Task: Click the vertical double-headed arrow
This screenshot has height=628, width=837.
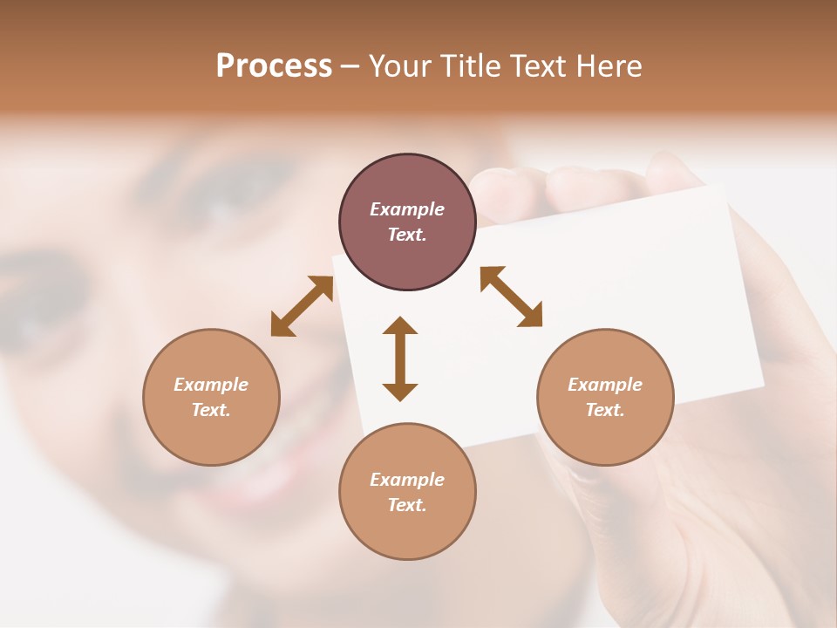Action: tap(400, 358)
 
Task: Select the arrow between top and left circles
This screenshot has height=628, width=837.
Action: tap(302, 305)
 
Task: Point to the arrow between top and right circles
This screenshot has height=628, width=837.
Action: tap(512, 297)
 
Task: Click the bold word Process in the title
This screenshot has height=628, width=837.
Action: tap(274, 65)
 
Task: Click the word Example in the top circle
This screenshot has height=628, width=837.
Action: tap(407, 209)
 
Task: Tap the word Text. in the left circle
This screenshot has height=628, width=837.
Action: tap(211, 410)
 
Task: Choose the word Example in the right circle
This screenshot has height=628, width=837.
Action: tap(605, 385)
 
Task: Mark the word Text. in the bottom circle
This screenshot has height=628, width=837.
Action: tap(407, 505)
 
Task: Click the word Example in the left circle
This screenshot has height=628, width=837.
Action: tap(211, 385)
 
